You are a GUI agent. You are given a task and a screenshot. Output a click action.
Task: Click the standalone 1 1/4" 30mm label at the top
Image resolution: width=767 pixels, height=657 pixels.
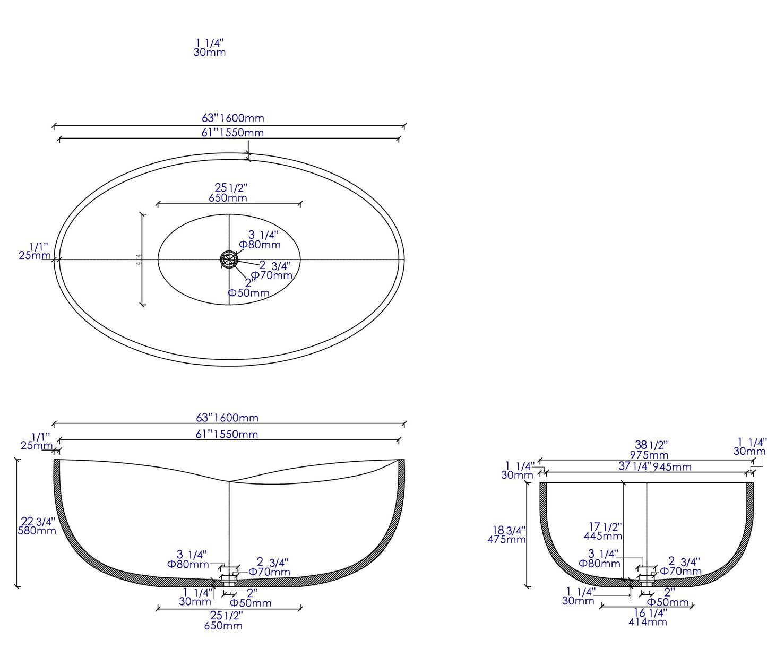click(210, 47)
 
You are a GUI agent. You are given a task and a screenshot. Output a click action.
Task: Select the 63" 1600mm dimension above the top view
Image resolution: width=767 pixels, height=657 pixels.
click(232, 118)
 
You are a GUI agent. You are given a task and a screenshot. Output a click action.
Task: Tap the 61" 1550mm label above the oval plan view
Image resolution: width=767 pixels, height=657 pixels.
click(232, 133)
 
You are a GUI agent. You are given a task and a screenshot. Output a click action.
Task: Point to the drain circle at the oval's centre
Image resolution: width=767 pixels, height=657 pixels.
click(229, 260)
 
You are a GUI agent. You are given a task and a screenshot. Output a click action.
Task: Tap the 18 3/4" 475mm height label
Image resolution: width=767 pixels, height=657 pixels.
click(507, 534)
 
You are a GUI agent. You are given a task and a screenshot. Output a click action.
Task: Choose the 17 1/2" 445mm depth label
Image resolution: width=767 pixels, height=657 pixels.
click(604, 531)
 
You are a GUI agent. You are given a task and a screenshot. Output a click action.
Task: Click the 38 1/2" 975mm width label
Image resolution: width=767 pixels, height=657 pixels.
click(650, 449)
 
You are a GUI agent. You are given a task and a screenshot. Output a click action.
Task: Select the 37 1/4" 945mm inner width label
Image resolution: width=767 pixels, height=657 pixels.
click(654, 467)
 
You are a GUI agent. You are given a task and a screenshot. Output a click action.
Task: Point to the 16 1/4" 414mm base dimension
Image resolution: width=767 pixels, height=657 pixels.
click(648, 617)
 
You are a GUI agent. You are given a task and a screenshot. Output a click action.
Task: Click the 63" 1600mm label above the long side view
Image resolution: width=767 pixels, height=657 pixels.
click(227, 418)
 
